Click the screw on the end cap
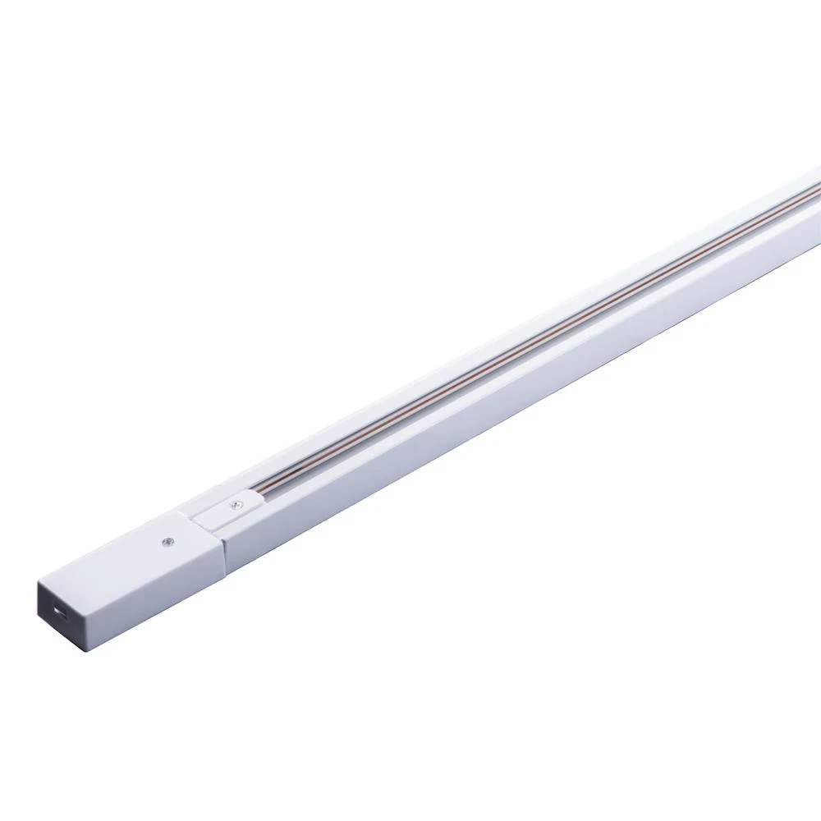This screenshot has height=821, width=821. point(168,541)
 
